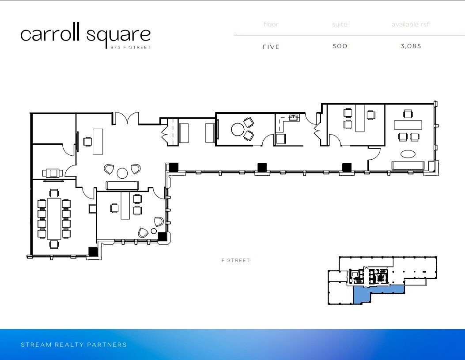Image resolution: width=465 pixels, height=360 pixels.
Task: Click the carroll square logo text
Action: point(85,35)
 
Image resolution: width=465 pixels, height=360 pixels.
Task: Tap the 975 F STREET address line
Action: point(130,47)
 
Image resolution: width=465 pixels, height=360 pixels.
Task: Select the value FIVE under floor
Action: point(271,47)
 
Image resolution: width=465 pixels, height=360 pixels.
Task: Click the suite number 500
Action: point(340,46)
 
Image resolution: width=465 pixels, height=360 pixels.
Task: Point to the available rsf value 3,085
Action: point(411,46)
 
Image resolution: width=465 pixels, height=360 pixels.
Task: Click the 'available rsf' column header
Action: point(410,24)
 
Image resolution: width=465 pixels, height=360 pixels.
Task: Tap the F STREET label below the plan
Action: point(235,260)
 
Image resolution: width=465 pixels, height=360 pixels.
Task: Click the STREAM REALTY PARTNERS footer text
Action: point(74,345)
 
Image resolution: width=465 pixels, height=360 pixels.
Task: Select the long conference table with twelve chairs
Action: point(54,218)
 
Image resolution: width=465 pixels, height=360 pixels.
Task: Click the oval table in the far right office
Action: point(408,154)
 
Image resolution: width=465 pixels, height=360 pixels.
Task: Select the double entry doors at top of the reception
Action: point(128,118)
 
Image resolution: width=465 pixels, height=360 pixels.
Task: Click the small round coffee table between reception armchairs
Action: point(122,172)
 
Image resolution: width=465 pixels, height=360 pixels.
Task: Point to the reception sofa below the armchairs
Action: point(122,185)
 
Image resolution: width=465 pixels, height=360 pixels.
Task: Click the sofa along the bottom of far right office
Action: point(408,165)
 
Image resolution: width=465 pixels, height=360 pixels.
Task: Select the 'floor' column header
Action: point(271,24)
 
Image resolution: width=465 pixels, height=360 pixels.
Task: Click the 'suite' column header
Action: point(340,24)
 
